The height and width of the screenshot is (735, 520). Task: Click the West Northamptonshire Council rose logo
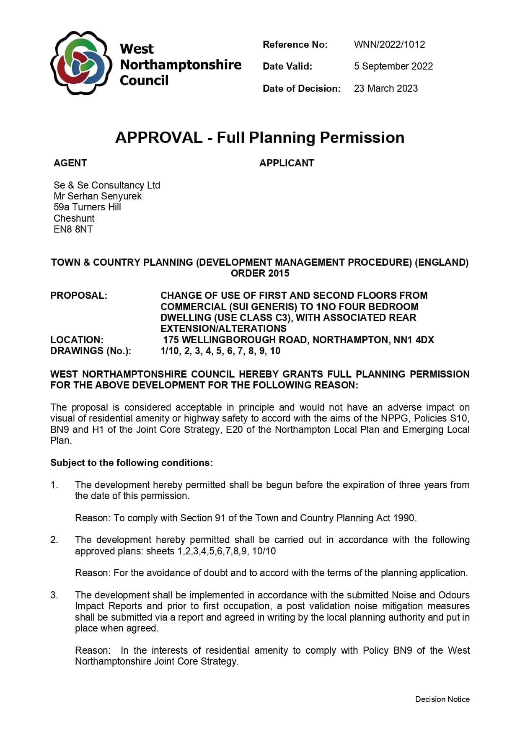[81, 63]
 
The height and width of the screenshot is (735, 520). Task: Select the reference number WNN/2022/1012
[389, 44]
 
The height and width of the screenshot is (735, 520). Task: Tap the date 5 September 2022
[393, 66]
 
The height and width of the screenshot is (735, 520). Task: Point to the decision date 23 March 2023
[385, 88]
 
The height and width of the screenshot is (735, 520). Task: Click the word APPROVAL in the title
[158, 137]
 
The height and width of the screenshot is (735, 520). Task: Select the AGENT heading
[70, 163]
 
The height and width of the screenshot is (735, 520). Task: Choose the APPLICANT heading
[286, 163]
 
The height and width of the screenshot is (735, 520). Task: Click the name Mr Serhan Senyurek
[97, 196]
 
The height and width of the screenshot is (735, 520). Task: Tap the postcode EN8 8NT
[73, 229]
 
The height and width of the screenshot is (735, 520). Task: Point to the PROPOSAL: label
[78, 295]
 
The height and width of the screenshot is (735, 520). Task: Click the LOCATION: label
[77, 340]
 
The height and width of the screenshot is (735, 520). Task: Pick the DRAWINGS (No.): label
[91, 351]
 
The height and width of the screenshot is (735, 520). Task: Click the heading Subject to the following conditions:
[131, 463]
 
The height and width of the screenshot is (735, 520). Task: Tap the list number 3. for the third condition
[54, 595]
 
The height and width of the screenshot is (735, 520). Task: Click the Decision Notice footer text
[442, 699]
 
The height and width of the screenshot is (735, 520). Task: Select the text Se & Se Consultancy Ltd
[106, 185]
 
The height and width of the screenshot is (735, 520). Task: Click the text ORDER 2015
[260, 273]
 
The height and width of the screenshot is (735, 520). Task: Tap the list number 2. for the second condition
[54, 540]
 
